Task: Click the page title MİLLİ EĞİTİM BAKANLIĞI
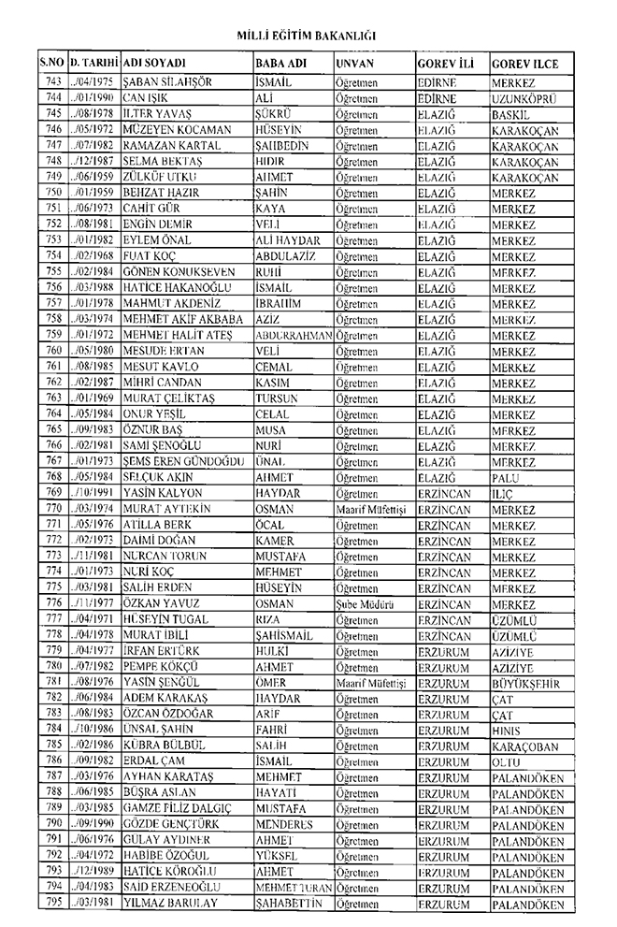(x=308, y=36)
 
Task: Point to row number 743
(x=52, y=82)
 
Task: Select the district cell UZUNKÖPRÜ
(x=524, y=98)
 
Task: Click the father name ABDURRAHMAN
(x=293, y=335)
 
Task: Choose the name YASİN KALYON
(x=161, y=492)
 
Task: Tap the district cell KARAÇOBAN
(x=525, y=746)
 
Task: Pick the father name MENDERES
(x=282, y=825)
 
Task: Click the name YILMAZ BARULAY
(x=168, y=904)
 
